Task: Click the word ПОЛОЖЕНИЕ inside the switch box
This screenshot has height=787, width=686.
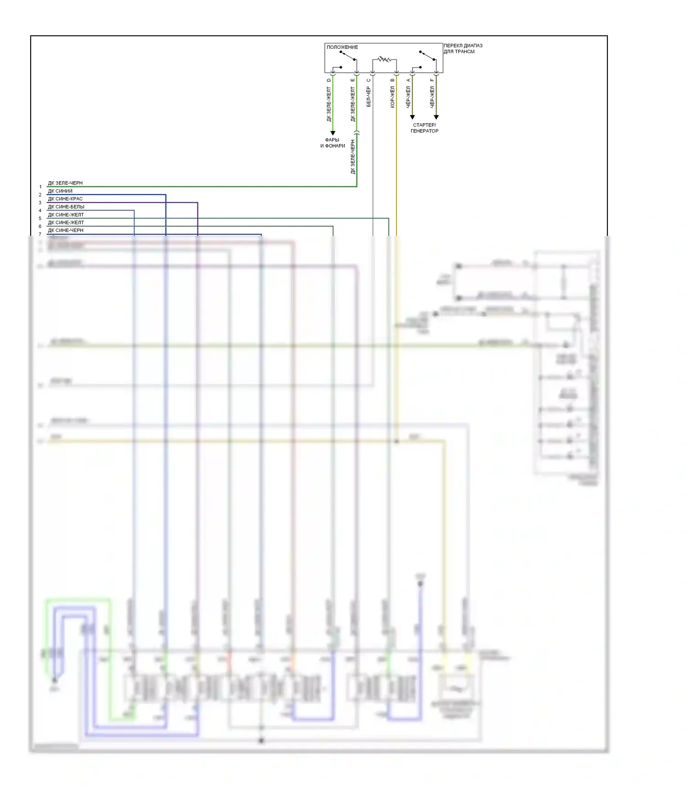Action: click(342, 47)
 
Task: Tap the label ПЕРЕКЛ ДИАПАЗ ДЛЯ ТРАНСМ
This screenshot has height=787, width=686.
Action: click(462, 48)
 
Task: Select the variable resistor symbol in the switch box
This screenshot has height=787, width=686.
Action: click(384, 59)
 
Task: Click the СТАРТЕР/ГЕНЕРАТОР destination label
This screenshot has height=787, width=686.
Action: click(424, 128)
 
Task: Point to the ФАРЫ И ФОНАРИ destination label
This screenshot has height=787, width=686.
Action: click(332, 143)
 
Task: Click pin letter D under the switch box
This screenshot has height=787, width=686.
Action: click(328, 80)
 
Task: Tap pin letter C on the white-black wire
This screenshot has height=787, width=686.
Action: click(368, 80)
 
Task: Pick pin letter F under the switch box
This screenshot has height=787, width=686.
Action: click(432, 80)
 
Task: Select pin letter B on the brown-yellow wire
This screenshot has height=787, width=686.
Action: click(392, 80)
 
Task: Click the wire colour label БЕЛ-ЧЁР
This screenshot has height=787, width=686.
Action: click(368, 97)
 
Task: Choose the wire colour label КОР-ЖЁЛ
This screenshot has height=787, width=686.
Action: click(392, 97)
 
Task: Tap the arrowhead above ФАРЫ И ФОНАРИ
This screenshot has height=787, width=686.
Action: click(332, 133)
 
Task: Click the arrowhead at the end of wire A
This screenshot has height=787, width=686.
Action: click(412, 117)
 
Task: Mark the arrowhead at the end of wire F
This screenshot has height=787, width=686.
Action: click(436, 117)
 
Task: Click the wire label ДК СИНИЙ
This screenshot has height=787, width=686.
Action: click(60, 191)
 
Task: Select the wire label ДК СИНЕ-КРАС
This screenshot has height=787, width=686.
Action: click(65, 199)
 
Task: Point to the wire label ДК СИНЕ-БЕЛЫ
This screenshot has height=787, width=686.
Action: click(66, 207)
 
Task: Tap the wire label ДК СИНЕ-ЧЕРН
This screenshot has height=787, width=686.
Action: click(65, 230)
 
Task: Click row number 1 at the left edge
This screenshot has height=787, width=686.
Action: click(40, 187)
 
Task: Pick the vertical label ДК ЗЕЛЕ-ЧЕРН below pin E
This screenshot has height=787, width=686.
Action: click(353, 157)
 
